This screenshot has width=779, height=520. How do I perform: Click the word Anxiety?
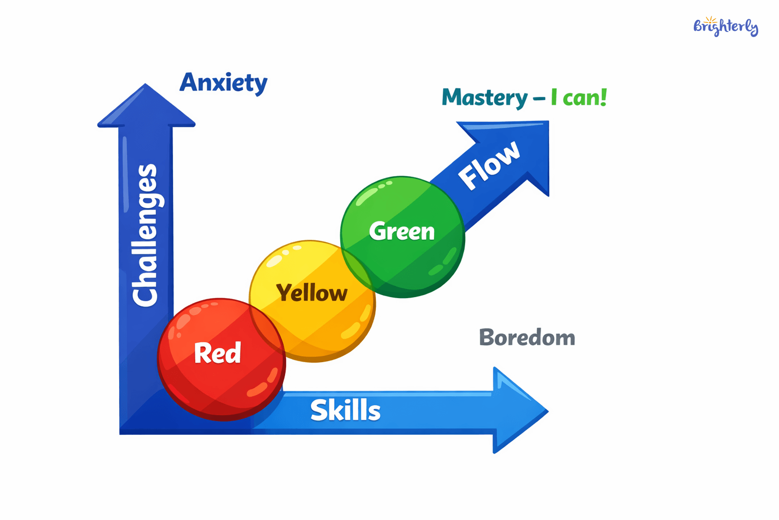[223, 83]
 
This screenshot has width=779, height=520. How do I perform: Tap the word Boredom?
[527, 338]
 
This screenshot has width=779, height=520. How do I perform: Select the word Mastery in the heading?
[484, 98]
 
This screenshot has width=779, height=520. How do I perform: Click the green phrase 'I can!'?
[579, 97]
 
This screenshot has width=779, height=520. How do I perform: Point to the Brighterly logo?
[725, 26]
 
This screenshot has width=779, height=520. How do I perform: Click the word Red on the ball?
[218, 353]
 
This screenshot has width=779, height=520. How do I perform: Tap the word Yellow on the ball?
[312, 293]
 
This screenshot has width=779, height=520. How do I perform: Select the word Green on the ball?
[402, 232]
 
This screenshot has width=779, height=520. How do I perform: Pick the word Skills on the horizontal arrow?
[345, 410]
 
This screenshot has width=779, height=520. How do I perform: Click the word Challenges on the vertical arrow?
[145, 235]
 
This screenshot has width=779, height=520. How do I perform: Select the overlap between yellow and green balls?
[358, 267]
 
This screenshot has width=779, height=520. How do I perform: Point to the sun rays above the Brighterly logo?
[711, 19]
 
